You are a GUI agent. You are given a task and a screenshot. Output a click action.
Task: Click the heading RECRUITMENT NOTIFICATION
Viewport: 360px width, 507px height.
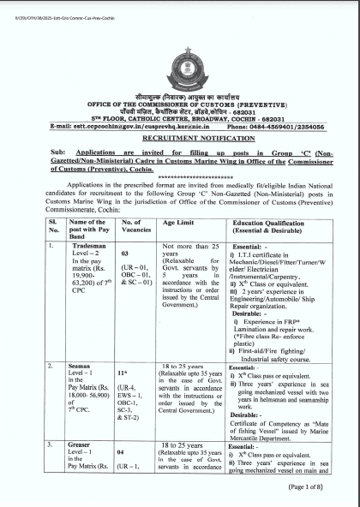point(180,137)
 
